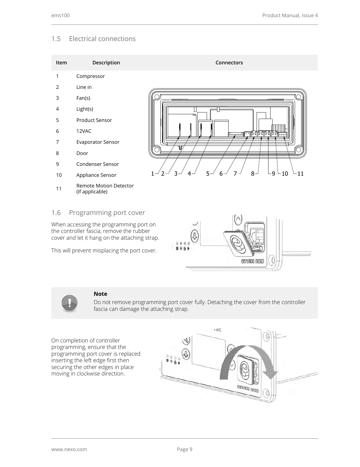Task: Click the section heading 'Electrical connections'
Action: click(x=102, y=39)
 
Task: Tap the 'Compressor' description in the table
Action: click(x=90, y=76)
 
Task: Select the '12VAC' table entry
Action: click(x=84, y=131)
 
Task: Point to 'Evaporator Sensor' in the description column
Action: click(x=98, y=142)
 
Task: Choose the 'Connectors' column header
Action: click(x=229, y=63)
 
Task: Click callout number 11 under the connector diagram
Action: click(x=300, y=174)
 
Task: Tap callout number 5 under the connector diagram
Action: click(x=208, y=174)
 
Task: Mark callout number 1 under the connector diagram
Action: click(x=152, y=174)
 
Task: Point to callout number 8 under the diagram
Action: click(x=253, y=174)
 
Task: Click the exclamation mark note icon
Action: click(x=70, y=303)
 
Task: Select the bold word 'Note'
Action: click(x=100, y=294)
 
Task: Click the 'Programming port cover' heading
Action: click(x=107, y=213)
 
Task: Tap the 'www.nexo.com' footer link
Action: click(x=69, y=449)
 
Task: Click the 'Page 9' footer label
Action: click(x=185, y=449)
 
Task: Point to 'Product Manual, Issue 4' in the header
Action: click(x=290, y=15)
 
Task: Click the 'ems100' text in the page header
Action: click(x=61, y=15)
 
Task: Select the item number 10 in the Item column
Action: click(x=59, y=175)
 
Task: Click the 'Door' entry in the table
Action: click(x=82, y=153)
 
